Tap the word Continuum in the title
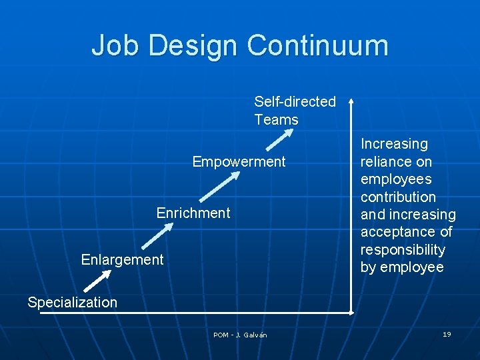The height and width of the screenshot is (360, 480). tap(317, 45)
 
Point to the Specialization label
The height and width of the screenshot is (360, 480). tap(72, 302)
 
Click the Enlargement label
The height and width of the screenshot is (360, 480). tap(122, 259)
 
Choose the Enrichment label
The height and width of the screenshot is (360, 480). tap(193, 213)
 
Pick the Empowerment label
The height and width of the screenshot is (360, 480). tap(239, 161)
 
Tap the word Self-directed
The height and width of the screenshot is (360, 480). tap(295, 101)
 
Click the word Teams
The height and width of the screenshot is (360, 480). tap(276, 120)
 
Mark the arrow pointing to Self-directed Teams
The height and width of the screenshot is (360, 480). tap(279, 140)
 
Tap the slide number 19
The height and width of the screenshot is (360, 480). tap(447, 334)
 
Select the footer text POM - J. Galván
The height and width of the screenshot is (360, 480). tap(240, 335)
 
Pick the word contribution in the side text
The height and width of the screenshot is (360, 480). tap(398, 197)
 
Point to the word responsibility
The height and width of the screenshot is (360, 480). tap(403, 249)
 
